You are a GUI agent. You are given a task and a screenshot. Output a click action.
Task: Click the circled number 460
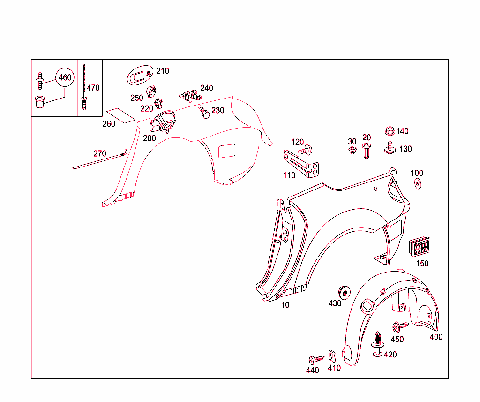point(65,77)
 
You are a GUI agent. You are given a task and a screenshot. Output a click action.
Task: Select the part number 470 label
point(93,88)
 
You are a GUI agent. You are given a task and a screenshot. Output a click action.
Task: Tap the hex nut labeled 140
point(390,131)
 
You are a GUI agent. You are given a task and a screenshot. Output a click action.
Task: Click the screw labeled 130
point(390,148)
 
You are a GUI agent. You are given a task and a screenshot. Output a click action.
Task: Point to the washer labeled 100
point(418,183)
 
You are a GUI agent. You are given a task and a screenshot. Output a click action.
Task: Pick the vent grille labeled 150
point(420,246)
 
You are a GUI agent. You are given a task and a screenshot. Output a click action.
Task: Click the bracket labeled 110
point(301,164)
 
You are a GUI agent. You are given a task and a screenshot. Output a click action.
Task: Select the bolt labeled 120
point(306,150)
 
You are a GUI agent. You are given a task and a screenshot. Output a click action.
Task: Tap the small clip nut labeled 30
point(352,150)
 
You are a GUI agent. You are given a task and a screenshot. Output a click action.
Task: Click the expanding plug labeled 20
point(366,151)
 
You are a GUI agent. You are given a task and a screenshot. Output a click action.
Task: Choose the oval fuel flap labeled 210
point(140,75)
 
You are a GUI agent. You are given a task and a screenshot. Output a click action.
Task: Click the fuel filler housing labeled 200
point(163,122)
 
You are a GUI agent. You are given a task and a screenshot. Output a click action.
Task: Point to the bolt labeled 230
point(204,112)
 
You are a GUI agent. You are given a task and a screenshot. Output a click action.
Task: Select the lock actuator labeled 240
point(191,96)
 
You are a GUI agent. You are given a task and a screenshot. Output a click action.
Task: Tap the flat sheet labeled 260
point(120,115)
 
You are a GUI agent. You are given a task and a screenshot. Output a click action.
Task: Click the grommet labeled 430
point(345,292)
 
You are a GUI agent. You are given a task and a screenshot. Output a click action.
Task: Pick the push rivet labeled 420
point(378,344)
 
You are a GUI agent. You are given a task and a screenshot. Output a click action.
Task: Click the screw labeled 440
point(316,359)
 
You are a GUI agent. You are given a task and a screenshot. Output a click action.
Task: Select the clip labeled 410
point(332,356)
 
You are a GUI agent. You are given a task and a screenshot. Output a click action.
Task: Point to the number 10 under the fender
point(285,305)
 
